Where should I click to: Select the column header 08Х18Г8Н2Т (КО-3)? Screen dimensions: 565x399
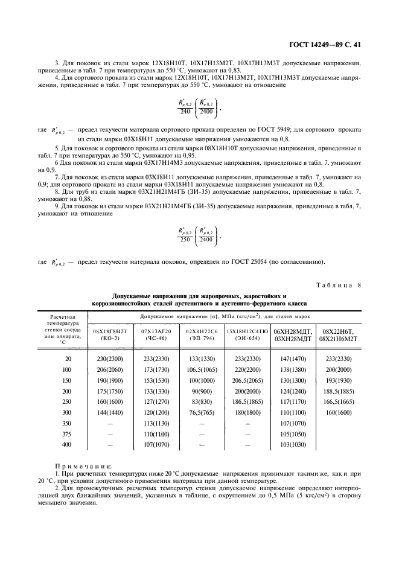(x=110, y=334)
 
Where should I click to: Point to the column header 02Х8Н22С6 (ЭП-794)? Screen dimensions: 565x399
(x=201, y=334)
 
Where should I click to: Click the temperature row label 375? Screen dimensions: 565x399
(x=66, y=433)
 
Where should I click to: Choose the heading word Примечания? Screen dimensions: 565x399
(x=79, y=466)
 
